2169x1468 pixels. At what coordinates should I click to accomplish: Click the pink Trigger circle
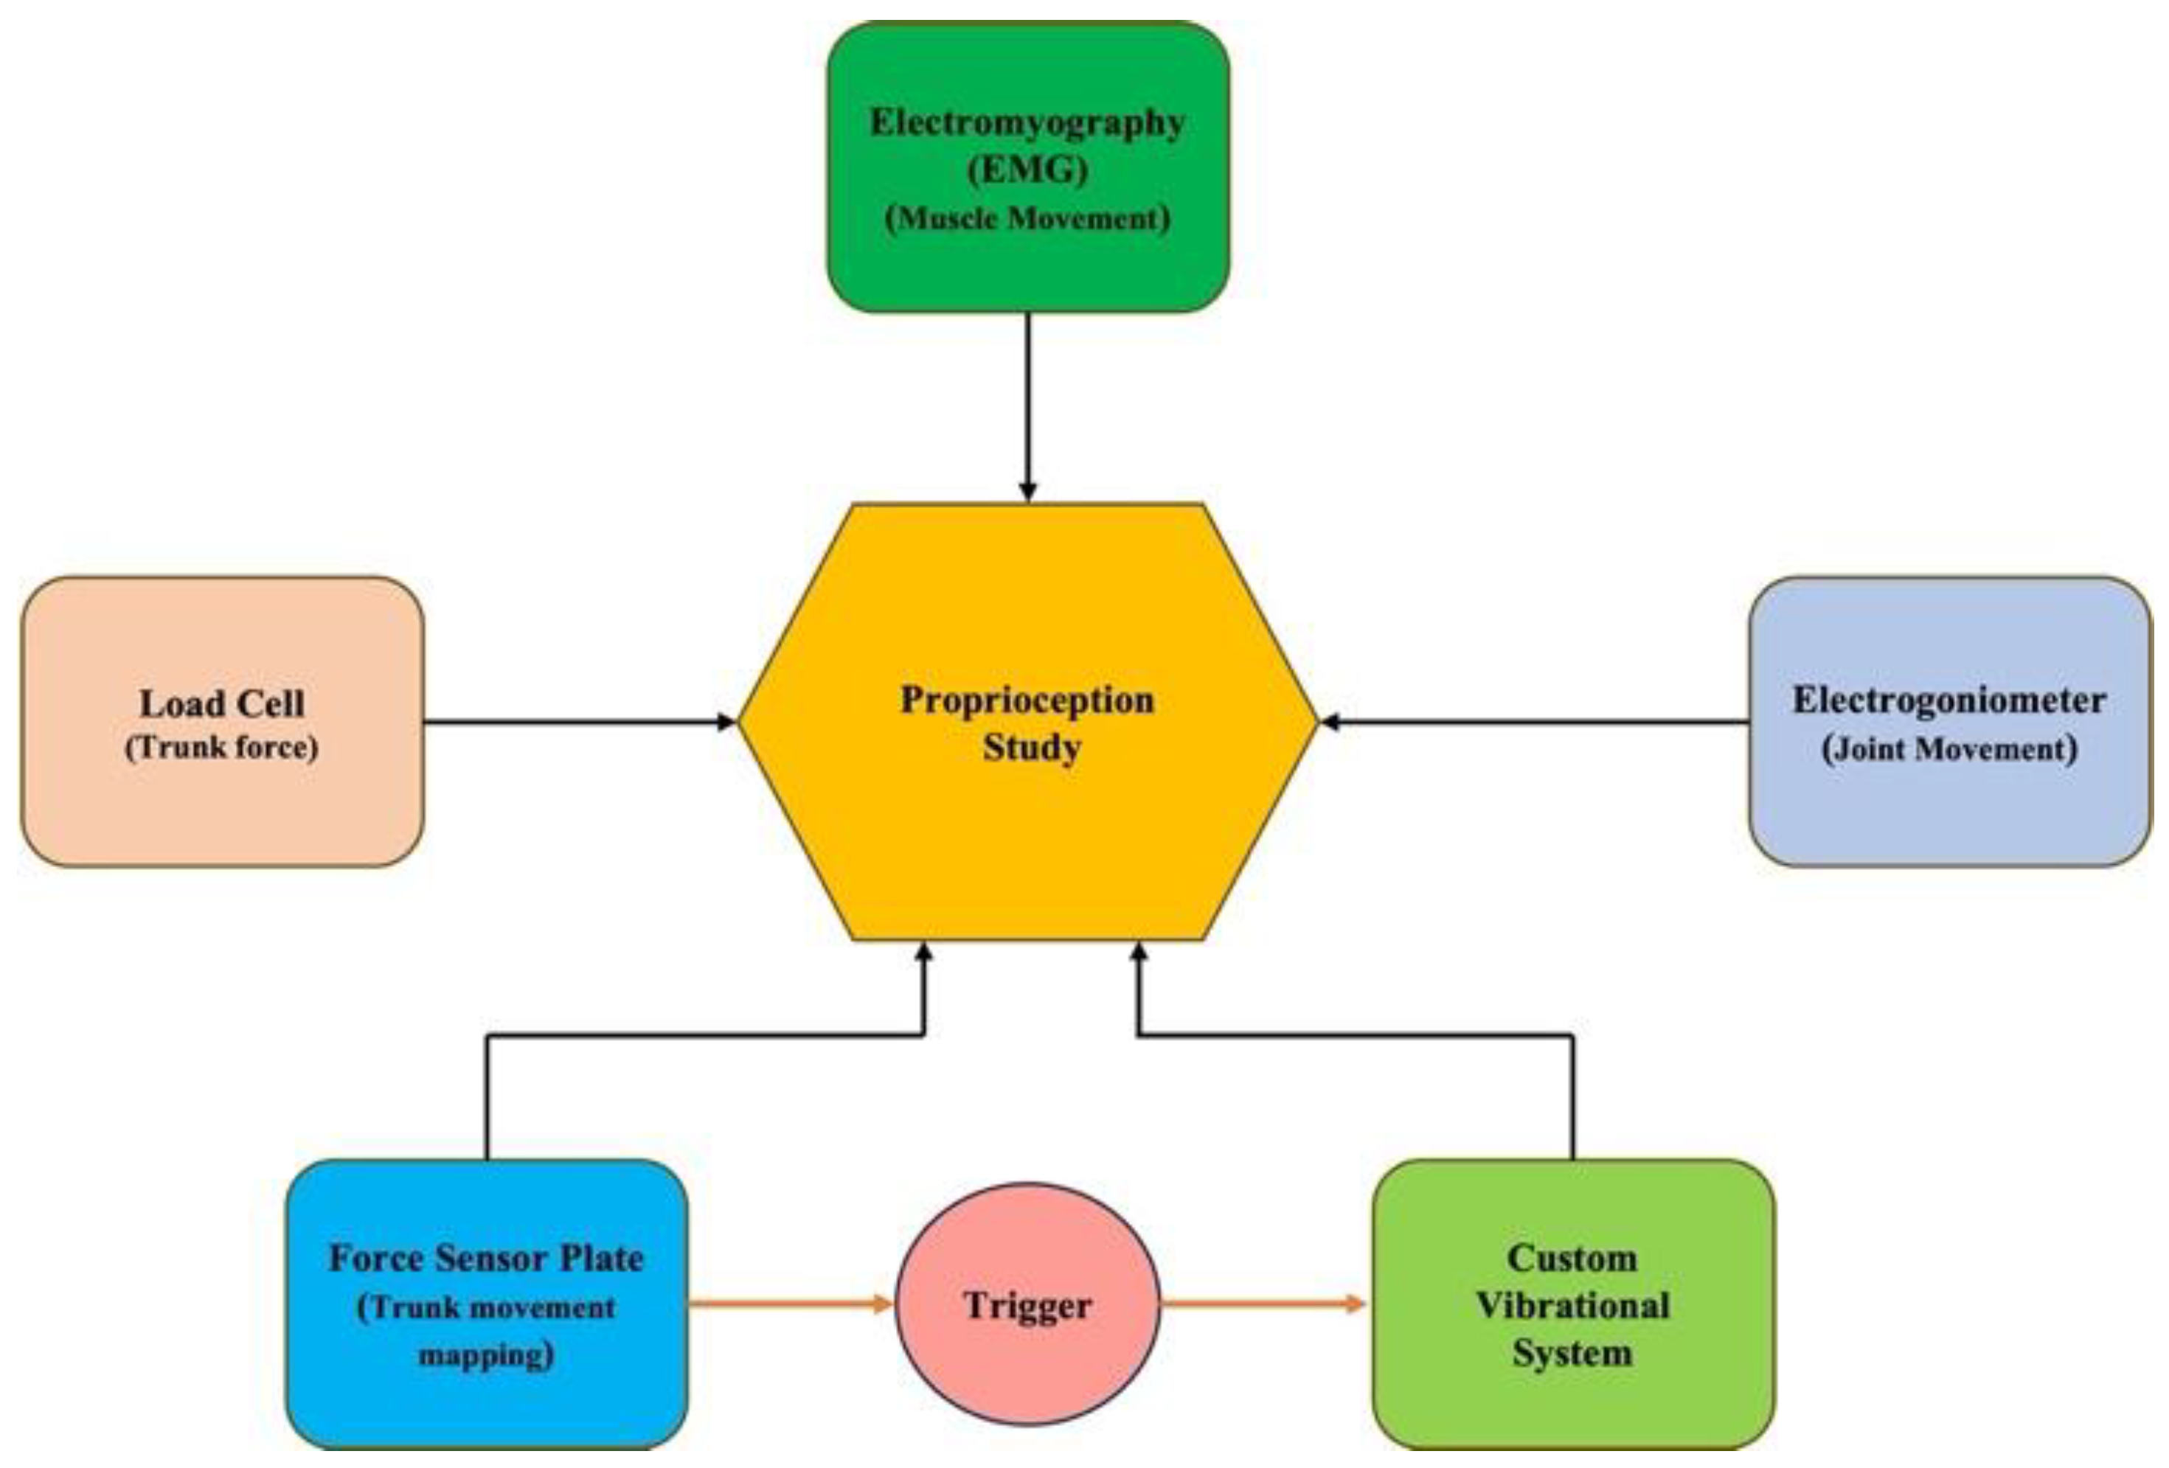click(x=1027, y=1304)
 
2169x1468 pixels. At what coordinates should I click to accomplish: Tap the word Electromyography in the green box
click(x=1027, y=122)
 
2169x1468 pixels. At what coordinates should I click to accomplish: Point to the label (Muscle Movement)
click(x=1027, y=218)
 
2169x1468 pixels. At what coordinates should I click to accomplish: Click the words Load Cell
click(x=222, y=703)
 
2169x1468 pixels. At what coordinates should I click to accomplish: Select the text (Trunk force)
click(x=222, y=748)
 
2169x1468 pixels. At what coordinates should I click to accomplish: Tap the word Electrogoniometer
click(x=1948, y=700)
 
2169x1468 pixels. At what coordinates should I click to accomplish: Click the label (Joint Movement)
click(x=1948, y=749)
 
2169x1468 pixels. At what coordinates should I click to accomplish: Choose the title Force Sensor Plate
click(x=486, y=1258)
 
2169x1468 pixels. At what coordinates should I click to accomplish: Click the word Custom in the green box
click(x=1572, y=1258)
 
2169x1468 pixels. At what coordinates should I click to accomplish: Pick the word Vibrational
click(x=1572, y=1304)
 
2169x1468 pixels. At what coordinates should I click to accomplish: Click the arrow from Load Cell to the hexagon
click(x=579, y=721)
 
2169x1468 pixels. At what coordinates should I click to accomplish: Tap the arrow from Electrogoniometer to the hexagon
click(x=1535, y=721)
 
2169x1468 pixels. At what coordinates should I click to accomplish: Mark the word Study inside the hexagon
click(x=1031, y=748)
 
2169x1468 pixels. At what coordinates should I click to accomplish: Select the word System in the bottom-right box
click(x=1572, y=1353)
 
